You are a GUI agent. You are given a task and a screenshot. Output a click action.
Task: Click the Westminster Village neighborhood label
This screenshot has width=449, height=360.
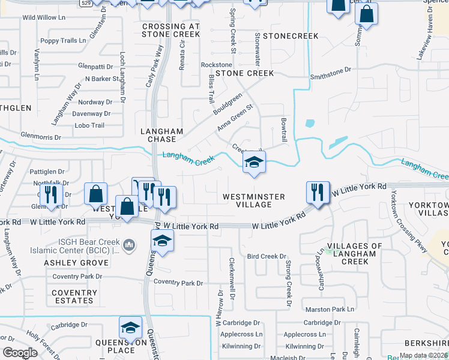coord(247,200)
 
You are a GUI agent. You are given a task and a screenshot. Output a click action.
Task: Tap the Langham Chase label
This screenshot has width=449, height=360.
coord(161,135)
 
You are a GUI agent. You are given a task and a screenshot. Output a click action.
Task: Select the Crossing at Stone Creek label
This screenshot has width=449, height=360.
coord(170,31)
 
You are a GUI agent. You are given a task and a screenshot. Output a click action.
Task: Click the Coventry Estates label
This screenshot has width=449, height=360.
coord(74,297)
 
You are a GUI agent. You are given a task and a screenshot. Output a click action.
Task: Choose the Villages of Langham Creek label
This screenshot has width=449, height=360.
coord(354,254)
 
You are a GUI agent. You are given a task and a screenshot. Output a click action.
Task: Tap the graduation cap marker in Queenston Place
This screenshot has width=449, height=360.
coord(130,328)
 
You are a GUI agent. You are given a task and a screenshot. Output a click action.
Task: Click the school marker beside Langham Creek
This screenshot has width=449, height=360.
coord(254,162)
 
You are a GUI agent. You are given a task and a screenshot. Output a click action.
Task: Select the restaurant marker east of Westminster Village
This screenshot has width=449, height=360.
coord(318,193)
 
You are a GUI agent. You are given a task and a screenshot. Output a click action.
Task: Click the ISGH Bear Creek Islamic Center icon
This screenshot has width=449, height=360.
coord(128,245)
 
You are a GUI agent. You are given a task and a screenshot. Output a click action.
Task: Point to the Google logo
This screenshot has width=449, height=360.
coord(20,353)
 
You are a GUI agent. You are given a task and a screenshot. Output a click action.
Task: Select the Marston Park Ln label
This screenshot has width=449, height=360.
coord(330,310)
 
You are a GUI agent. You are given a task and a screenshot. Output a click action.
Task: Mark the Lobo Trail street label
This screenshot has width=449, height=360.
coord(89,125)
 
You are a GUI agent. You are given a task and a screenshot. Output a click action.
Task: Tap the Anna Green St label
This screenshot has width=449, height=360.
coord(235,118)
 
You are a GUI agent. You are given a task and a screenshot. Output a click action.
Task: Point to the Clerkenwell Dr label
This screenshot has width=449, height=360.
coord(232,279)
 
